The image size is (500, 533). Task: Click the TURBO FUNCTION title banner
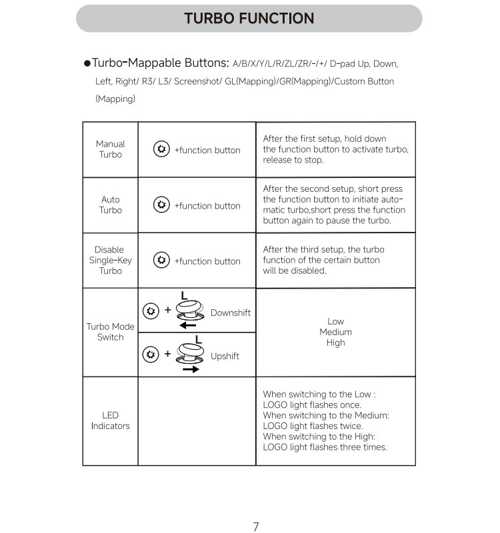pos(249,19)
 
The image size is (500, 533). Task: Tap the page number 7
pos(256,526)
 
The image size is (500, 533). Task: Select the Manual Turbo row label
pos(110,149)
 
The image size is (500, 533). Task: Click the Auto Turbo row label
pos(111,205)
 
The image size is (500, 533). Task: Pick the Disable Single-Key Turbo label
pos(110,260)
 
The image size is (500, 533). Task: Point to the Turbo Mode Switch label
pos(110,332)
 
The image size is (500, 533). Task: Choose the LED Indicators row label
pos(110,420)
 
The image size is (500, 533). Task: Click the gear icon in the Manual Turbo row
pos(161,149)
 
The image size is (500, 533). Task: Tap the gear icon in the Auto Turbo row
pos(161,205)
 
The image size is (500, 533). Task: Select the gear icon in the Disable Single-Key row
pos(161,260)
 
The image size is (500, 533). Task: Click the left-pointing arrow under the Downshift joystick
pos(187,325)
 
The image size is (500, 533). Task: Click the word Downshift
pos(230,312)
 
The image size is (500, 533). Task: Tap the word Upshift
pos(225,356)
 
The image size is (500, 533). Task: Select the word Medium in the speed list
pos(335,332)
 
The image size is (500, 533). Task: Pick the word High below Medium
pos(335,342)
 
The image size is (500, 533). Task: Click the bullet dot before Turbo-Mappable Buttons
pos(87,64)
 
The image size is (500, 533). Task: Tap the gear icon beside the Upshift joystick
pos(151,354)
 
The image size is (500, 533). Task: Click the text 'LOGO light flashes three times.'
pos(325,447)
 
